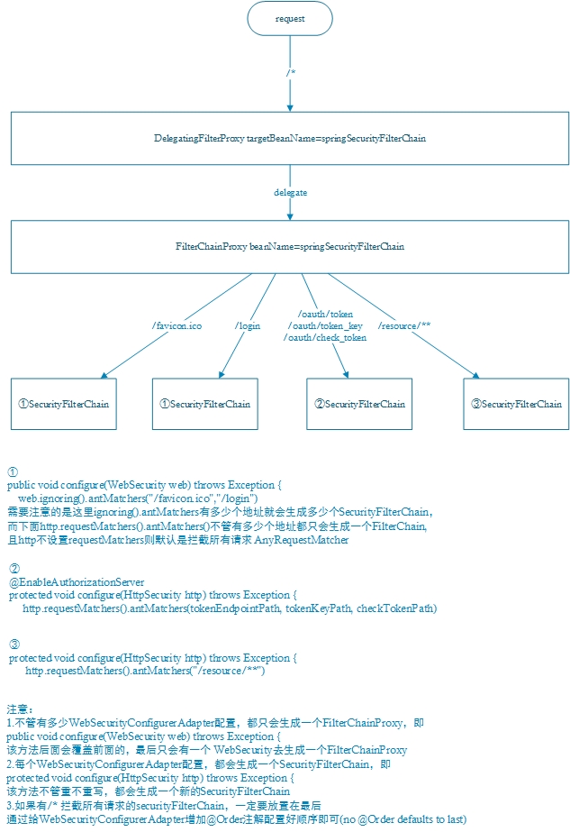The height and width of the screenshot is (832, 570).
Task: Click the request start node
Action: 290,18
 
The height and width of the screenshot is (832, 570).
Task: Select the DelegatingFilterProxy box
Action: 290,139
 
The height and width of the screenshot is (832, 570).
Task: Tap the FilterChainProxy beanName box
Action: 290,246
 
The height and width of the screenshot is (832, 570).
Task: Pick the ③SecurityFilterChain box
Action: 516,404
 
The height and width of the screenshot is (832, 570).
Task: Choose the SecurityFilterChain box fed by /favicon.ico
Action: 64,404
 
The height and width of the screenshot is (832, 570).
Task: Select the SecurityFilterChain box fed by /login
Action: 205,404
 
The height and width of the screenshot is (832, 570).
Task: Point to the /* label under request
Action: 291,71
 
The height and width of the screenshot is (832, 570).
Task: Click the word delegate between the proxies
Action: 290,193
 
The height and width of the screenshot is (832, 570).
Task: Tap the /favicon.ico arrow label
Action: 176,325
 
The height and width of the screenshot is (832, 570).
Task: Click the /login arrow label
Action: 248,325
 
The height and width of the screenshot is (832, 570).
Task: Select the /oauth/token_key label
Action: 325,325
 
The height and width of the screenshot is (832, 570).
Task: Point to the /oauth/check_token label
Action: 325,337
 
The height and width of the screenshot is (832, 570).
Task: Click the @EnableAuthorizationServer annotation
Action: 77,582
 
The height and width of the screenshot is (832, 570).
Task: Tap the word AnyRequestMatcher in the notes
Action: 302,540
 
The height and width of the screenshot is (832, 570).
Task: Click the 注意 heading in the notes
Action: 20,709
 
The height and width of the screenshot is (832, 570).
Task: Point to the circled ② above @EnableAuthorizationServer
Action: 14,569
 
